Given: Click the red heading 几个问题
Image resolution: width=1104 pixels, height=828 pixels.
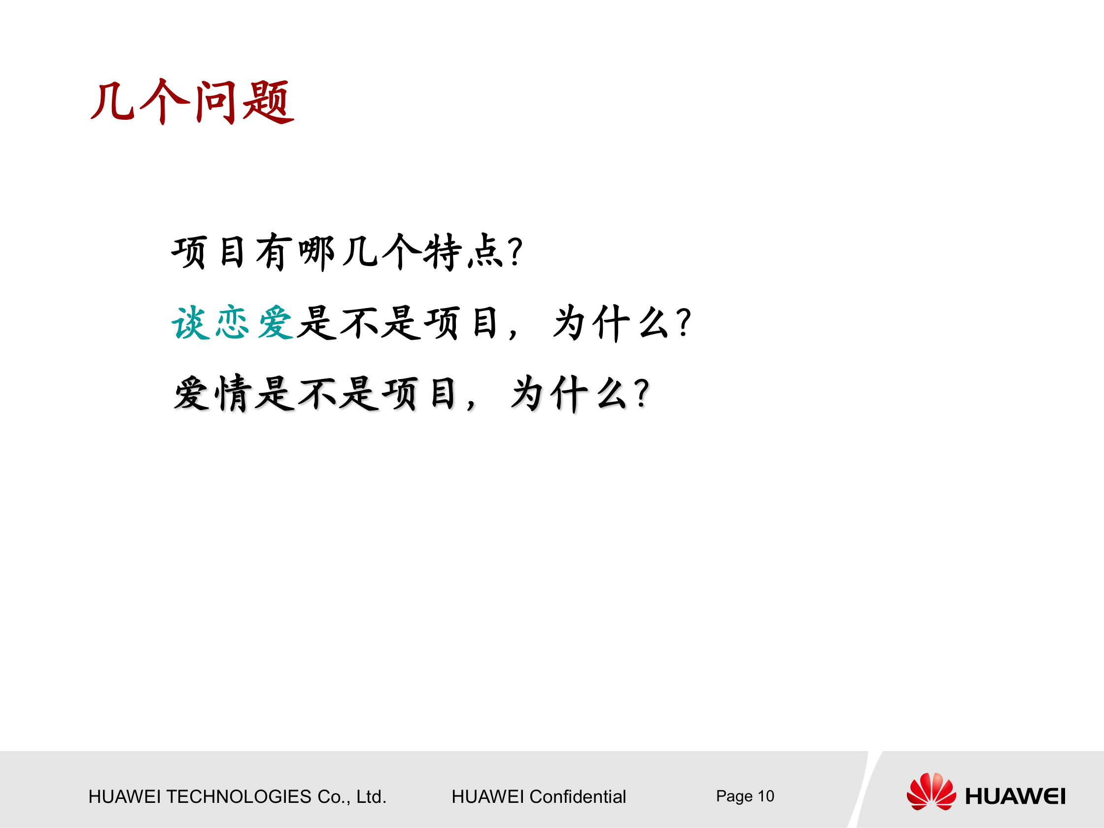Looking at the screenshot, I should tap(192, 103).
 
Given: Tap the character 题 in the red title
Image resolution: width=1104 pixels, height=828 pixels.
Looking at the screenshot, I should tap(268, 103).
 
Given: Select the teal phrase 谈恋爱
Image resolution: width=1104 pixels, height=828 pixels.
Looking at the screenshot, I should tap(232, 323).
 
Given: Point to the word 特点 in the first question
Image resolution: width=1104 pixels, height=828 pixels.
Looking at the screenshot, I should tap(464, 252).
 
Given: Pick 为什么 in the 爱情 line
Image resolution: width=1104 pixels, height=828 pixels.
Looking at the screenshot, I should tap(569, 394).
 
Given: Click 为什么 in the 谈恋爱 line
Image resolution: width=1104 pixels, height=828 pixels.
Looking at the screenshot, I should tap(612, 323).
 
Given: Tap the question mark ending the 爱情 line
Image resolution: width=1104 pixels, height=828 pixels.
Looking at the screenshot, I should tap(643, 394).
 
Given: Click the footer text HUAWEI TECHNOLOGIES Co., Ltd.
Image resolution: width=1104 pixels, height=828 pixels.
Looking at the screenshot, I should tap(237, 796).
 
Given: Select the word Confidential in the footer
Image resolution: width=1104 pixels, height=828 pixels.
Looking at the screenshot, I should tap(577, 796).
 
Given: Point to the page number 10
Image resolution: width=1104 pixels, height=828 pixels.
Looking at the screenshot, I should tap(765, 795).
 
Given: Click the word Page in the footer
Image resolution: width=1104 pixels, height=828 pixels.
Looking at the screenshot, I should tap(734, 796).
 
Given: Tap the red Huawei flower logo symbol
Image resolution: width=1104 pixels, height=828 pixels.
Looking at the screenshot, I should tap(931, 792).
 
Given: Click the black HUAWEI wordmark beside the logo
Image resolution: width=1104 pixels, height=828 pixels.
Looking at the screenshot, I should tap(1015, 796).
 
